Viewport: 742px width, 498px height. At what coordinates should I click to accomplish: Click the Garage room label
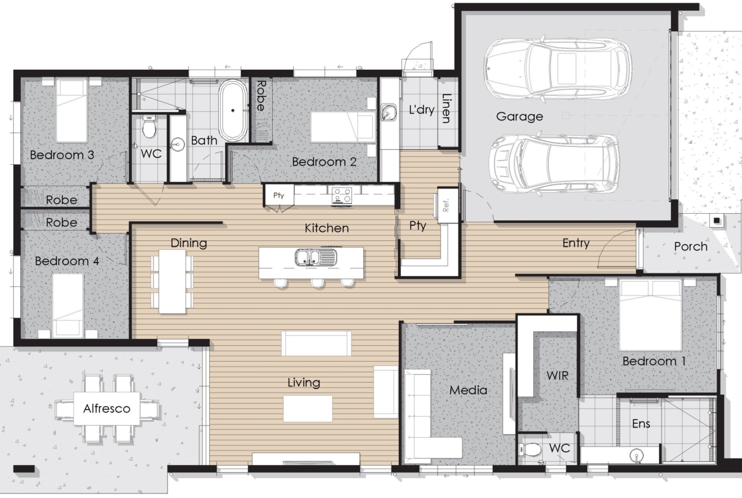pos(519,117)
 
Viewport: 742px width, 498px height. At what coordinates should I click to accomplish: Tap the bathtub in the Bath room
pos(233,110)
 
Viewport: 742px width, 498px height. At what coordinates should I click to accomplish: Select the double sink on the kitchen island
pos(316,258)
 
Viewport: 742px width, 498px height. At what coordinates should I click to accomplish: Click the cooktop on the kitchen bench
pos(342,195)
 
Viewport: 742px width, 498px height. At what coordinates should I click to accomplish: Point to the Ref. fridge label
pos(445,205)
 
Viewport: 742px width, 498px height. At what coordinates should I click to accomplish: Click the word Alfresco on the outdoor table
pos(107,409)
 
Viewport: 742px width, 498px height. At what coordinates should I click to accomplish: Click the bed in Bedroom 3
pos(72,110)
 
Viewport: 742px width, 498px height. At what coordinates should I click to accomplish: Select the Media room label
pos(468,390)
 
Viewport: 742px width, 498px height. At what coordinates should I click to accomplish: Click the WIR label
pos(557,376)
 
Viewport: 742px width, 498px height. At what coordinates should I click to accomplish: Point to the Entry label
pos(576,244)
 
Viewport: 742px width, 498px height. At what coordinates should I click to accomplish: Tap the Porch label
pos(691,246)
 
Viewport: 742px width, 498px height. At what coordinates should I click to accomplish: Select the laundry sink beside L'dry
pos(389,112)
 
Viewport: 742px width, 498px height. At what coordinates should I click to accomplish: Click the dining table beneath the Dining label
pos(172,281)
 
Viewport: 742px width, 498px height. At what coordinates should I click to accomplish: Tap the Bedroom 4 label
pos(67,261)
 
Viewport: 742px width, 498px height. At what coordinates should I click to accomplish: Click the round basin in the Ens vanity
pos(637,456)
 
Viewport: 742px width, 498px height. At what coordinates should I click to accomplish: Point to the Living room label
pos(304,383)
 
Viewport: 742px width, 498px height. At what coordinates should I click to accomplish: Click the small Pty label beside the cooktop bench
pos(278,195)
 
